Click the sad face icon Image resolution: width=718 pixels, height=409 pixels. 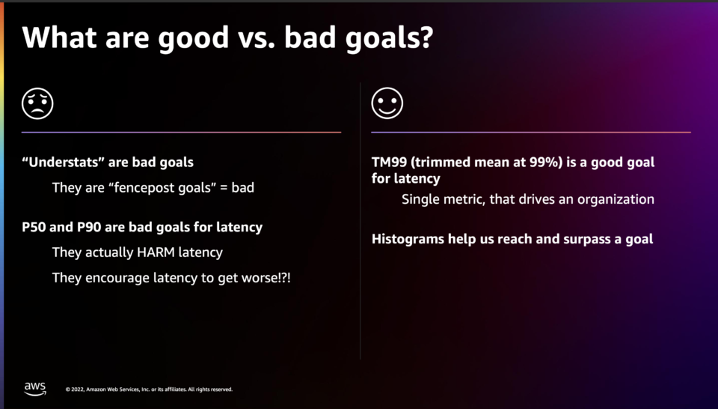point(37,103)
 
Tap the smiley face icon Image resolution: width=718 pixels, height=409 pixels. point(387,103)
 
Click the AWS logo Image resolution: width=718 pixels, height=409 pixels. point(35,389)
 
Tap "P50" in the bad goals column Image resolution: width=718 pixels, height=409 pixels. point(34,227)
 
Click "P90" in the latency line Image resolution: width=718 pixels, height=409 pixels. point(89,227)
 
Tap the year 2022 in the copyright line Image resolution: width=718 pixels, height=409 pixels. point(77,390)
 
